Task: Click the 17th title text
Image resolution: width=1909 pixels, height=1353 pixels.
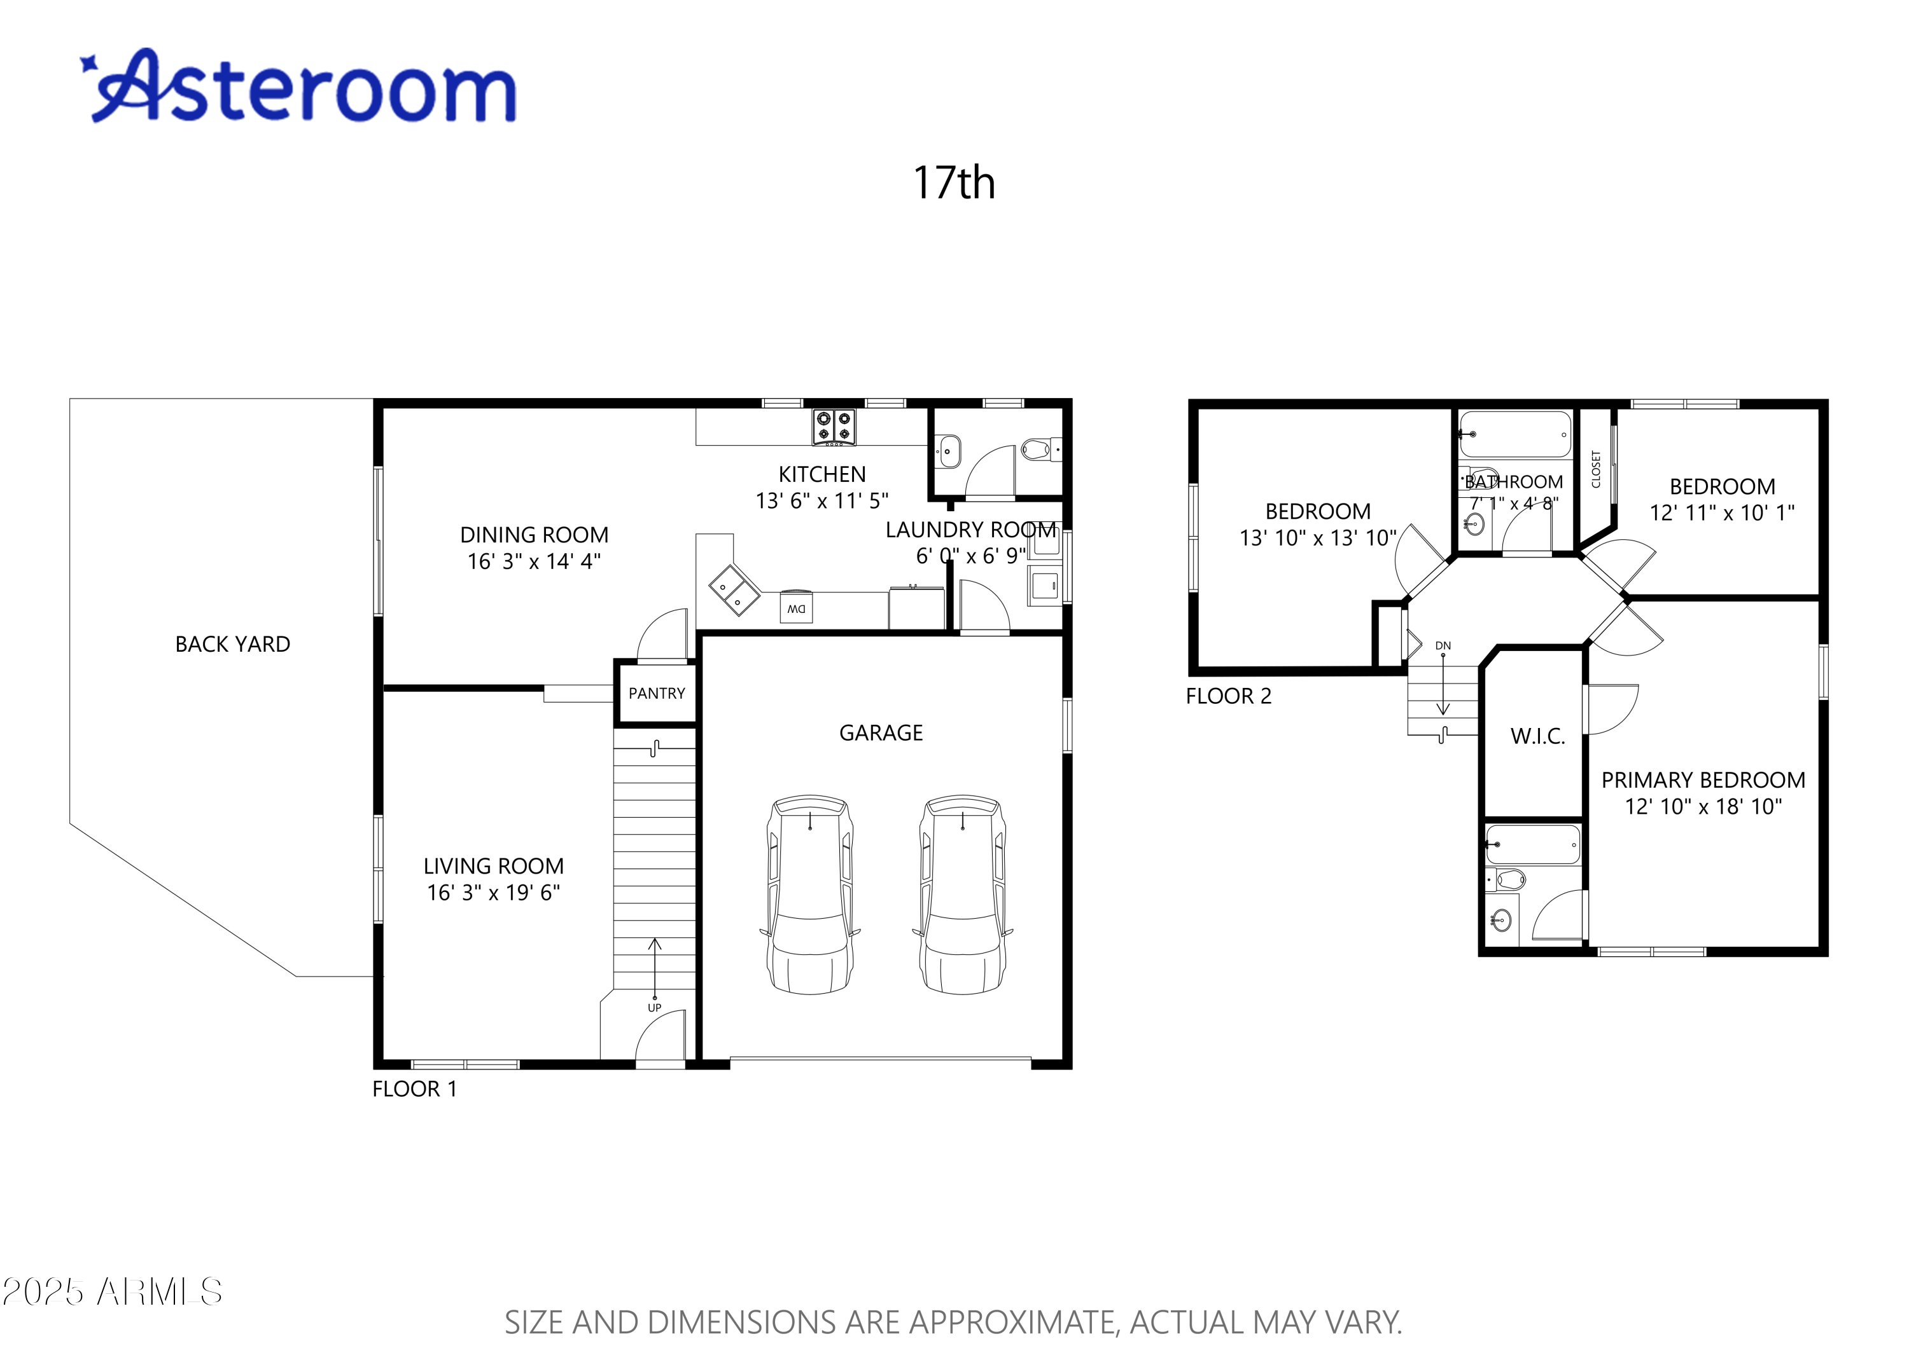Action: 954,183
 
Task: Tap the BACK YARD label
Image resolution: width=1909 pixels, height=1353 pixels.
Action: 233,644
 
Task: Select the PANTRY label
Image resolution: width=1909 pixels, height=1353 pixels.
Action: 656,693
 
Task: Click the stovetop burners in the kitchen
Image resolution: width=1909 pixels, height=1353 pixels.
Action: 834,426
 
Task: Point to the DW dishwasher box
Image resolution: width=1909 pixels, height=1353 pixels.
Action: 796,608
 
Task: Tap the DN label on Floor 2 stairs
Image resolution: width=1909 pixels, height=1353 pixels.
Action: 1443,646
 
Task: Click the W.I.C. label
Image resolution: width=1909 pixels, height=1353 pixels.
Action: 1537,736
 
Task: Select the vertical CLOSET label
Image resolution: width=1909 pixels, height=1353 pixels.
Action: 1595,469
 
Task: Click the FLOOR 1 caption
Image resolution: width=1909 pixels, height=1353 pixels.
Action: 414,1089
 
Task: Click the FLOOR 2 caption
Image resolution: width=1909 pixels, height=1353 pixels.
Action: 1228,696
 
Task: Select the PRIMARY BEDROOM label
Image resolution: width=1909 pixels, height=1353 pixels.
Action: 1702,781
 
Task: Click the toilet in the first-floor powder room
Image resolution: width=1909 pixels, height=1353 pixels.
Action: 1037,450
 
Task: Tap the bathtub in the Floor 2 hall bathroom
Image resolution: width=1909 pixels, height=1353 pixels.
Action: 1514,434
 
